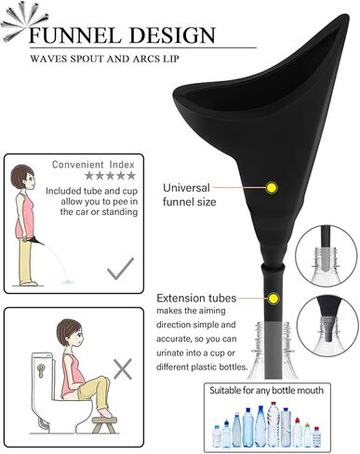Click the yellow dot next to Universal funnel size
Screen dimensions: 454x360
271,188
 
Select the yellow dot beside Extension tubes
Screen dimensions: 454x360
273,298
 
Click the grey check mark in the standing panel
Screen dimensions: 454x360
119,269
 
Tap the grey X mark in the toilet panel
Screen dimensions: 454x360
122,368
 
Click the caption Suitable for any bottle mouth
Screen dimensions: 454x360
266,391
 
